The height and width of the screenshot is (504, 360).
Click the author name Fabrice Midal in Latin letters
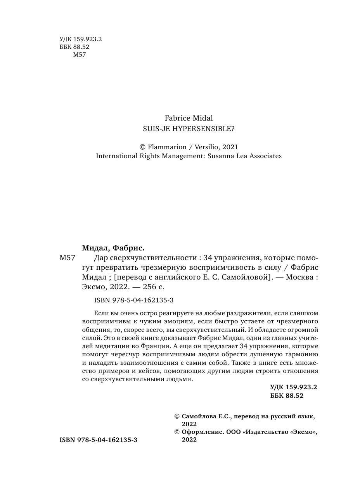[x=189, y=118]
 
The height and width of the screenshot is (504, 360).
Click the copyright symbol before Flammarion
[x=142, y=147]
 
